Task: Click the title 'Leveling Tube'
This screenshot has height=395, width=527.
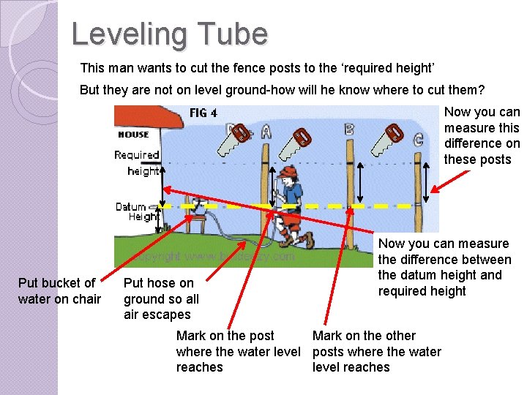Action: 170,34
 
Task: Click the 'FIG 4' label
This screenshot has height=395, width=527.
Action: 203,113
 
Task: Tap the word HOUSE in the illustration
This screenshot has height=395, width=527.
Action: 133,135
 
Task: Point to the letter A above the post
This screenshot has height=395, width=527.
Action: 266,131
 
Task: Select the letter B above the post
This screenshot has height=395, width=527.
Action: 349,129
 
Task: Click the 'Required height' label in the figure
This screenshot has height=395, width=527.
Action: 137,162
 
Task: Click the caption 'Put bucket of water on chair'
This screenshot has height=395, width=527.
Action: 59,290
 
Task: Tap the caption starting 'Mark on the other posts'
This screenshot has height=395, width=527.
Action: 376,351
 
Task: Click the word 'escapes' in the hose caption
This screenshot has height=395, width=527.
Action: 168,315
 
